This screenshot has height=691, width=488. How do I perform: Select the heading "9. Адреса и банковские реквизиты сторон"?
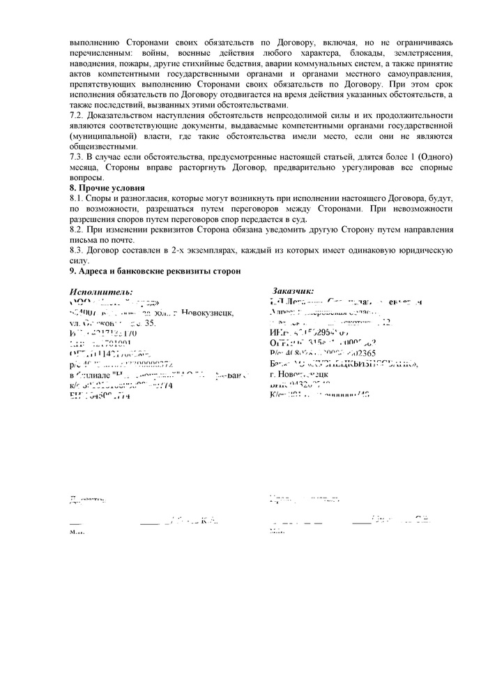[x=155, y=270]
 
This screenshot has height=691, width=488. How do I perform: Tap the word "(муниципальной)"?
[x=105, y=135]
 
